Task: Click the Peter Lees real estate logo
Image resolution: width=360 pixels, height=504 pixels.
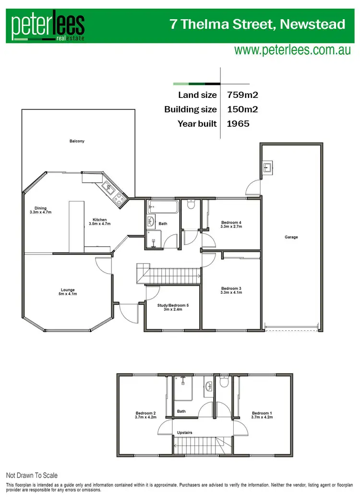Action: (48, 27)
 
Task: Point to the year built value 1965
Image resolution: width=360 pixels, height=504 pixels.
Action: (238, 124)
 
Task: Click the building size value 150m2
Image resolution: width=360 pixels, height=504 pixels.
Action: (242, 109)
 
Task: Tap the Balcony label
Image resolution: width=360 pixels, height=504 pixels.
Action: (77, 141)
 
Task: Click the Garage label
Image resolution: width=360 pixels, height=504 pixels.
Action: (291, 237)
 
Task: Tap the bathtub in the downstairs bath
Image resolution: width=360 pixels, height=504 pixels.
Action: (163, 208)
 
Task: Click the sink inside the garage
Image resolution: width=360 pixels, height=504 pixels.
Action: (268, 168)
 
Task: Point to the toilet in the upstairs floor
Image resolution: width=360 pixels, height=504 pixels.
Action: (224, 384)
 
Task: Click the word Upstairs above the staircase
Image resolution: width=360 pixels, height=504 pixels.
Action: (184, 433)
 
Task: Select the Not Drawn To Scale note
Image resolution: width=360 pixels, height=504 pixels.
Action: (32, 476)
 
